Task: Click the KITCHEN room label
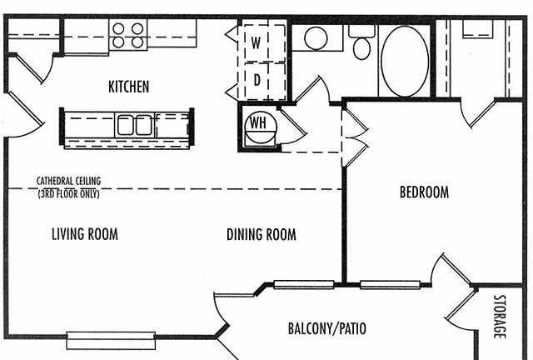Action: coord(128,87)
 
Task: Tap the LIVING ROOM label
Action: coord(85,234)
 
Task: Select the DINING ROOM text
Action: coord(261,234)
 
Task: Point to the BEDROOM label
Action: coord(424,192)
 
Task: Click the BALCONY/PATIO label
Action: coord(327,328)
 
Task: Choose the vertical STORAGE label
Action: coord(500,317)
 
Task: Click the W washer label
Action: coord(256,42)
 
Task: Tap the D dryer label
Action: coord(257,80)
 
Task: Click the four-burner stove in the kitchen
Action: coord(128,34)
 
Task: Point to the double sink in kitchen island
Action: coord(135,126)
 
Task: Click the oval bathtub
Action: coord(405,61)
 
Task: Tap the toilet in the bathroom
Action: coord(361,42)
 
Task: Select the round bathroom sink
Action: coord(316,38)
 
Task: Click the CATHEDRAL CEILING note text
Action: coord(68,187)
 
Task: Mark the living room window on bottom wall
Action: coord(111,340)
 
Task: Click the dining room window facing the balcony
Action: coord(304,285)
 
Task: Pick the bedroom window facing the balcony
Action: coord(391,285)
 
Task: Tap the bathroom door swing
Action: coord(313,90)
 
